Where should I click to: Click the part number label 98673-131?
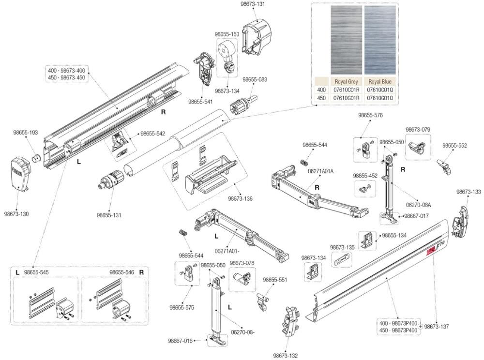[x=253, y=4]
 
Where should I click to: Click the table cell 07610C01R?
[x=346, y=90]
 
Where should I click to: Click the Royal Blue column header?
[x=380, y=82]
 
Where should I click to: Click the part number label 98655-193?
[x=26, y=132]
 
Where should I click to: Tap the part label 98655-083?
[x=255, y=79]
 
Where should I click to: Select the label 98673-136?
[x=241, y=198]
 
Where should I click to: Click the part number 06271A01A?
[x=321, y=171]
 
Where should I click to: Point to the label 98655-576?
[x=370, y=115]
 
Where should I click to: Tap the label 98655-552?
[x=454, y=145]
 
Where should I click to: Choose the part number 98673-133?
[x=469, y=192]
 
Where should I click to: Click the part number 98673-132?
[x=286, y=355]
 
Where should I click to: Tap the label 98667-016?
[x=181, y=341]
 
